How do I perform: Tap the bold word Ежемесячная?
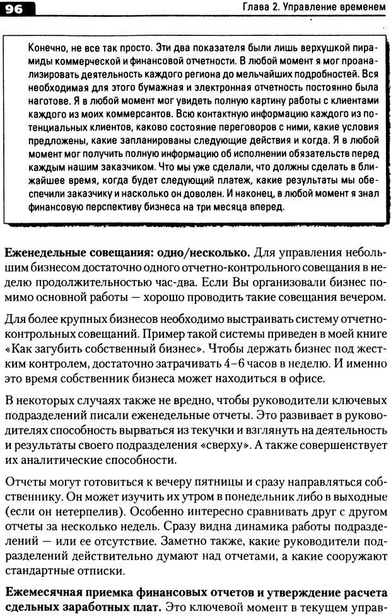point(43,595)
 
